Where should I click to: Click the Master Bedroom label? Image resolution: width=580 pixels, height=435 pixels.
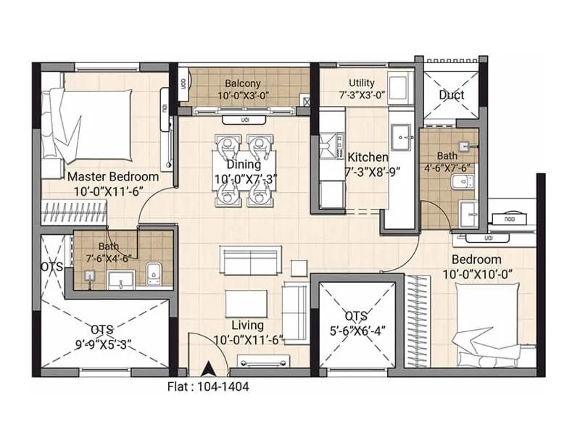click(113, 176)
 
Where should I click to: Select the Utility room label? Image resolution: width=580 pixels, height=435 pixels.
click(361, 83)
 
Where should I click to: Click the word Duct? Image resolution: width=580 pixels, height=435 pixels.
click(452, 95)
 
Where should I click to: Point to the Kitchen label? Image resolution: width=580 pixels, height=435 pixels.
click(368, 157)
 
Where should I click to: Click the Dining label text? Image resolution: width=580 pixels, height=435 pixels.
click(243, 165)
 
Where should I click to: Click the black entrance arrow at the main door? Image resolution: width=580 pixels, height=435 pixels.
click(209, 368)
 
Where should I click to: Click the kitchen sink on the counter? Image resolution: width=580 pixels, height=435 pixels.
click(401, 136)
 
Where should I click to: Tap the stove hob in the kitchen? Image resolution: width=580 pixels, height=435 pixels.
click(331, 145)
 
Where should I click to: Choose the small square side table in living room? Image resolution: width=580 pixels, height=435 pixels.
click(299, 268)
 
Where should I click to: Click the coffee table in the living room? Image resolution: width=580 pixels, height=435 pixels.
click(245, 303)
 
